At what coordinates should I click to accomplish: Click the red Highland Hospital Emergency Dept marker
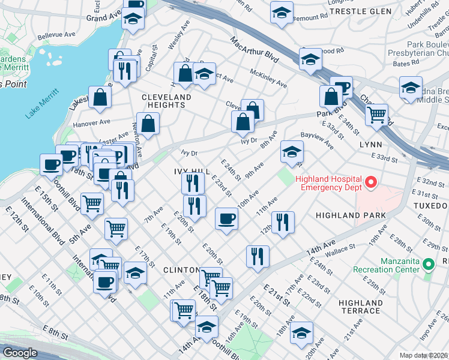[x=371, y=181]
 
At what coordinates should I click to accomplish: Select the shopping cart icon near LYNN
[x=376, y=114]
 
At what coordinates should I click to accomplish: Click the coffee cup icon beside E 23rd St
[x=226, y=218]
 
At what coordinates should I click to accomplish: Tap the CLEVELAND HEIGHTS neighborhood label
[x=166, y=101]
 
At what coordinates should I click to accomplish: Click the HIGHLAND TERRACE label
[x=360, y=307]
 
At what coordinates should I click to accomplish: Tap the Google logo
[x=20, y=353]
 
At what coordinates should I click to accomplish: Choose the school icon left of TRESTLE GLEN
[x=281, y=13]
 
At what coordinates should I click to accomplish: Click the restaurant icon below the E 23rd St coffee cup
[x=258, y=256]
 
